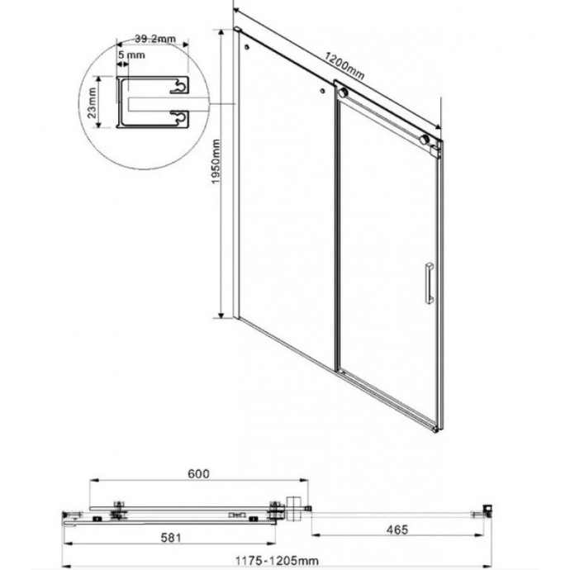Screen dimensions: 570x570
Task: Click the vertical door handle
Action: [x=428, y=283]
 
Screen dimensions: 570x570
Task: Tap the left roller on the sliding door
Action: [x=342, y=93]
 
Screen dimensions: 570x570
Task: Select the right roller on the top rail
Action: [x=426, y=140]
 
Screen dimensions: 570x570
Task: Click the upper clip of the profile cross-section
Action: [x=178, y=84]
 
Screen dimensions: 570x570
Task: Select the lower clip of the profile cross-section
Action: [x=178, y=118]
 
